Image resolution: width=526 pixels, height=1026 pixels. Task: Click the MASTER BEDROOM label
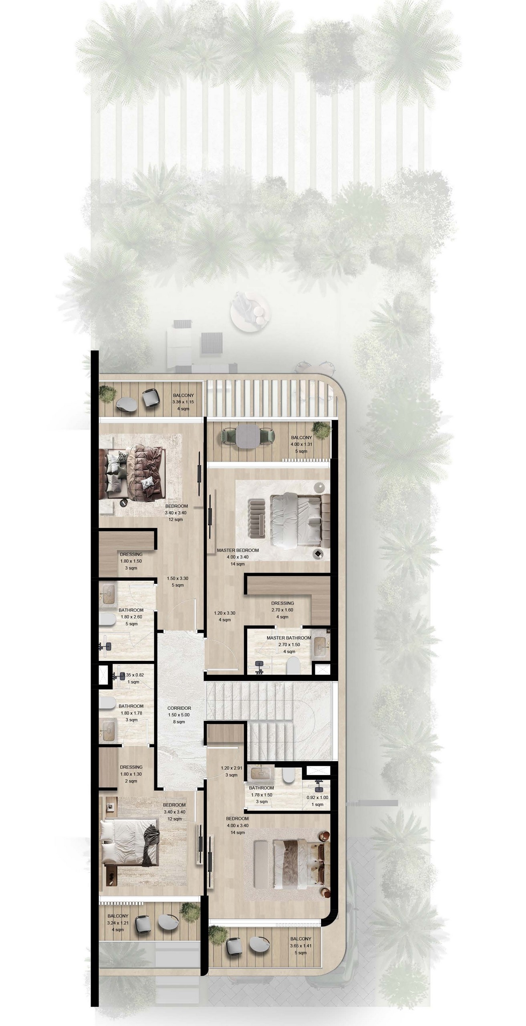(238, 550)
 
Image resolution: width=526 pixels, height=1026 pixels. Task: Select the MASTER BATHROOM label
(289, 638)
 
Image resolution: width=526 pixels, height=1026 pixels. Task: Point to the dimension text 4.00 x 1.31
(301, 444)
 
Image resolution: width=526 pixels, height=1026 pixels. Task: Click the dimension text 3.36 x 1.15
(183, 402)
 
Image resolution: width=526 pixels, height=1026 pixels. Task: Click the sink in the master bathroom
(320, 646)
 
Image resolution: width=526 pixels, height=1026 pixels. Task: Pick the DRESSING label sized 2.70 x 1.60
(282, 603)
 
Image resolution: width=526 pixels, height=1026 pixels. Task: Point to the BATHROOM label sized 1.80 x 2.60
(131, 610)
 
